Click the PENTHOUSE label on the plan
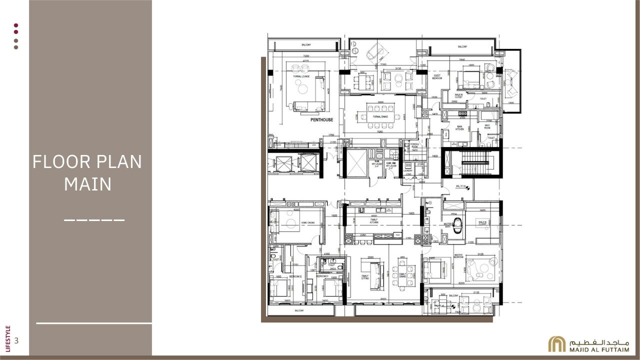(321, 120)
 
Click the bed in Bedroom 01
(331, 288)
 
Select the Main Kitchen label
(459, 127)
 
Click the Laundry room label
(407, 170)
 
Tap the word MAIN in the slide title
(87, 184)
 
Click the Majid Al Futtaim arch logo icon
(557, 344)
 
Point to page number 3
(16, 341)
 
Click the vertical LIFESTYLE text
(7, 337)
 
